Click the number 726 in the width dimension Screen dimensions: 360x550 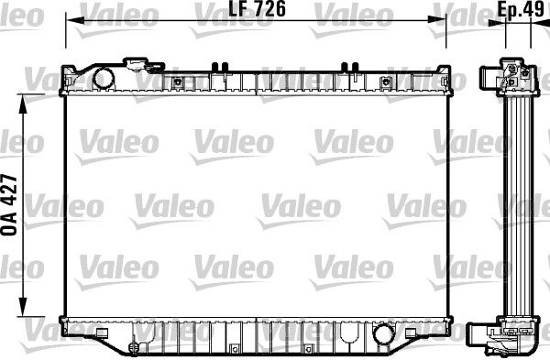pos(268,11)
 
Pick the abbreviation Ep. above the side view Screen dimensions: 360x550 pos(510,11)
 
